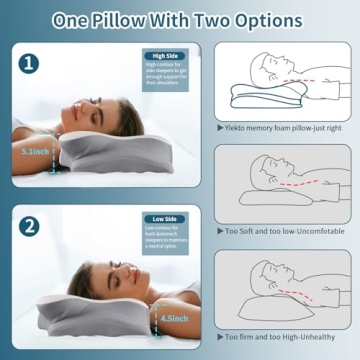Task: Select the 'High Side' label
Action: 165,57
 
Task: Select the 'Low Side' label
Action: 165,219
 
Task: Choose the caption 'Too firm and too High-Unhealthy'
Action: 283,337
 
